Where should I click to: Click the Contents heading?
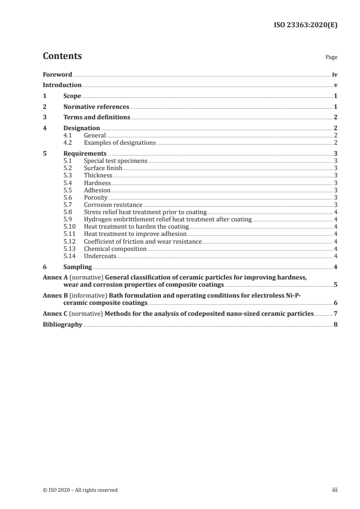click(62, 56)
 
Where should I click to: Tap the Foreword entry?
click(57, 74)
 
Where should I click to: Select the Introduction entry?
click(62, 85)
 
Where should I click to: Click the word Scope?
click(72, 96)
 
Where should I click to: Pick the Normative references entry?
click(96, 107)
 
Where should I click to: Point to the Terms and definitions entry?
click(97, 117)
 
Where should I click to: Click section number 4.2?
click(68, 143)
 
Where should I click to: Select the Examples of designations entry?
click(120, 143)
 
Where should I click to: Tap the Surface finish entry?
click(103, 168)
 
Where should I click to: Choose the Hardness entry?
click(97, 183)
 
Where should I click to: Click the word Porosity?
click(96, 198)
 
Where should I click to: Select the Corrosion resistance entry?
click(113, 205)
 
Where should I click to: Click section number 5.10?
click(69, 227)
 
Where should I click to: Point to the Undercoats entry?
click(100, 256)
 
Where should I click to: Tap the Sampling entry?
click(78, 267)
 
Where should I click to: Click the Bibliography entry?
click(62, 325)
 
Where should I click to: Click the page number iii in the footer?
click(335, 490)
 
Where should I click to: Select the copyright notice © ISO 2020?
click(80, 490)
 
